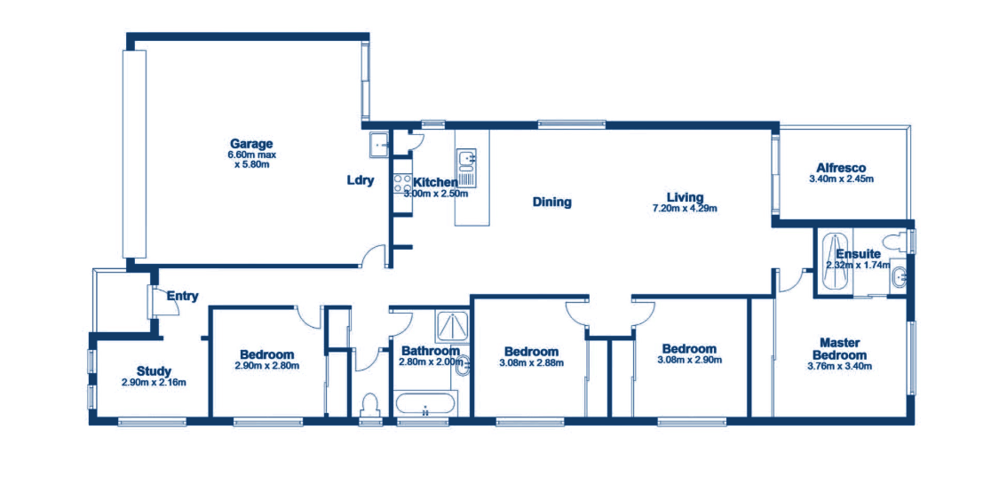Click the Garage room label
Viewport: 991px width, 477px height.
tap(251, 143)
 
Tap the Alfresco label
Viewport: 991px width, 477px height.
tap(841, 168)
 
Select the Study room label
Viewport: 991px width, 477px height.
tap(155, 370)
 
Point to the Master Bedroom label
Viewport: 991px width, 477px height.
tap(840, 349)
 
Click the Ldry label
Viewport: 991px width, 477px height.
tap(361, 180)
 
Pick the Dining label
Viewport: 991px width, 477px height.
tap(551, 203)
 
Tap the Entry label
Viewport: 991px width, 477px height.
tap(183, 296)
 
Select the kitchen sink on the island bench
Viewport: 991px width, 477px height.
tap(467, 161)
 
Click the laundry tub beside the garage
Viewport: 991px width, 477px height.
tap(378, 146)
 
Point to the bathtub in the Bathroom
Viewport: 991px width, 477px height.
tap(424, 404)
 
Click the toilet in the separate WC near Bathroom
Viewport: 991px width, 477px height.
tap(369, 404)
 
